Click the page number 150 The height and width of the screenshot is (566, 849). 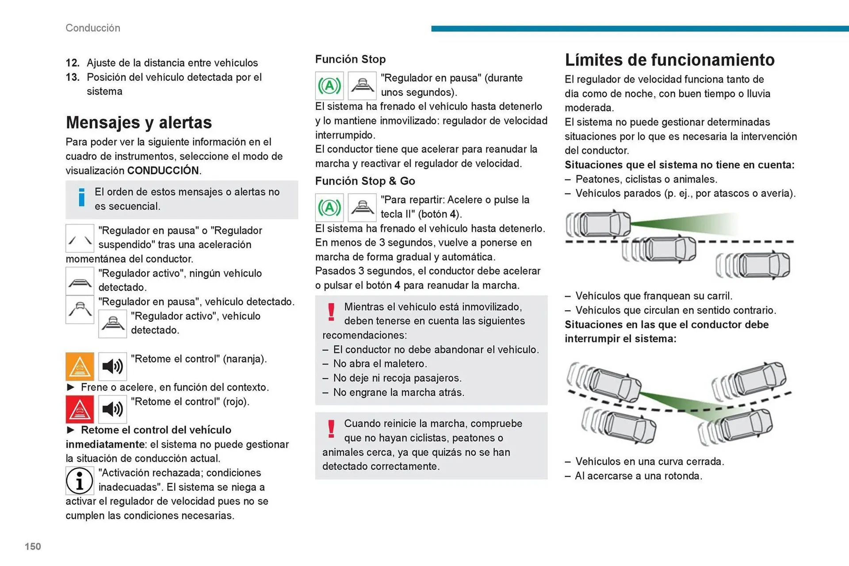(33, 547)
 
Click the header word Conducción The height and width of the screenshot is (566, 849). (93, 28)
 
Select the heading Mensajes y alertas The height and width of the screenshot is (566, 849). (139, 122)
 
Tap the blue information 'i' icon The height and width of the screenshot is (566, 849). (81, 198)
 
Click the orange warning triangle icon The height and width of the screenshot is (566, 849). (80, 366)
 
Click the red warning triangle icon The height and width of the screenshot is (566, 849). (80, 409)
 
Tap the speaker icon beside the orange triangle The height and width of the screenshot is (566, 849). (112, 366)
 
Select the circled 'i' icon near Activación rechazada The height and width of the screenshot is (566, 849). (80, 481)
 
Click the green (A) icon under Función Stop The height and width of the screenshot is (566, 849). (329, 86)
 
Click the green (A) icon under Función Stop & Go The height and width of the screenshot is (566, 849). (329, 208)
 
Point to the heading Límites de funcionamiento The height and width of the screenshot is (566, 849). (669, 60)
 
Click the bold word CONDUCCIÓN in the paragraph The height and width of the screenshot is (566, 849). (163, 171)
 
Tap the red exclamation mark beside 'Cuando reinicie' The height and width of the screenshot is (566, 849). (331, 429)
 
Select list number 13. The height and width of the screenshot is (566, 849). (73, 77)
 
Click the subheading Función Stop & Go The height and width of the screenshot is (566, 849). (365, 181)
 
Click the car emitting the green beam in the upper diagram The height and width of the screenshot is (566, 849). (601, 224)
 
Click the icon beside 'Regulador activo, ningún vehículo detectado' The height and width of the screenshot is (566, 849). (80, 281)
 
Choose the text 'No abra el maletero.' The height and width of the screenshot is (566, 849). (380, 364)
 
